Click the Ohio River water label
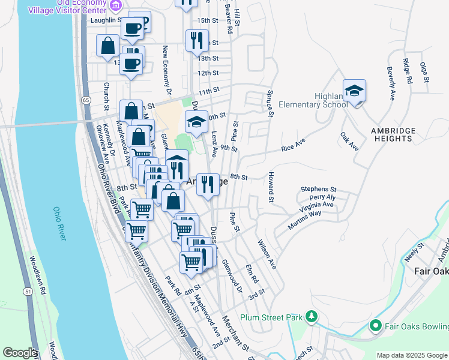tap(58, 224)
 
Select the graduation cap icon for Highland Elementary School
tap(355, 91)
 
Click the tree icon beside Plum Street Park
tap(311, 316)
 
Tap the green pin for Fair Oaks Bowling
tap(376, 326)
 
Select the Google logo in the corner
tap(20, 353)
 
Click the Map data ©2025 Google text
tap(412, 355)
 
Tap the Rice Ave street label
tap(294, 145)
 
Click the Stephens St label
tap(319, 188)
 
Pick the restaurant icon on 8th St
tap(208, 184)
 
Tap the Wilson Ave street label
tap(267, 254)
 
